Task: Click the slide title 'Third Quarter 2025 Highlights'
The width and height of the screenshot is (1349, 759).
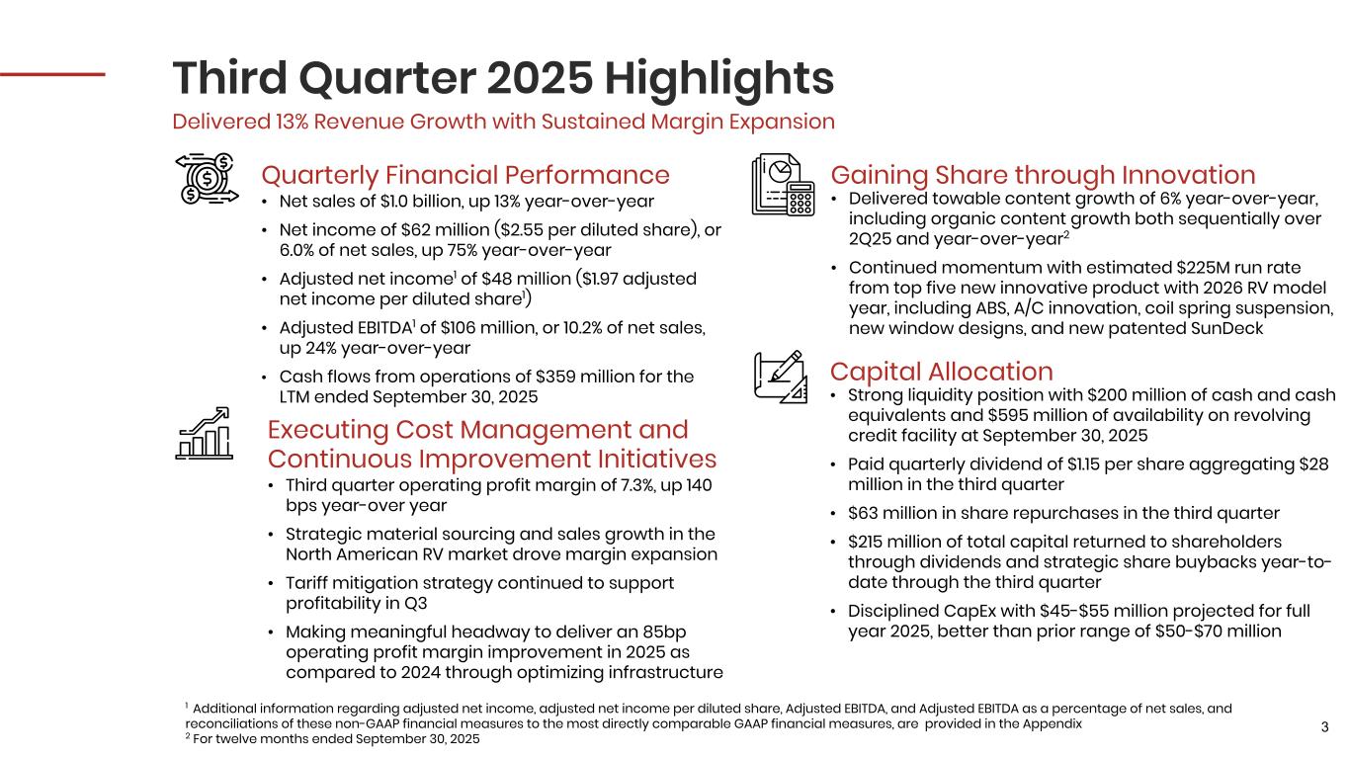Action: tap(503, 76)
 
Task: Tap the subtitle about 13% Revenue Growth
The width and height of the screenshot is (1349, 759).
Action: tap(503, 122)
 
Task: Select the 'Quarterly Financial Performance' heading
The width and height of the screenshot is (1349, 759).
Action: tap(464, 175)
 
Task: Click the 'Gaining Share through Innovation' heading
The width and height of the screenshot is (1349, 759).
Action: tap(1043, 175)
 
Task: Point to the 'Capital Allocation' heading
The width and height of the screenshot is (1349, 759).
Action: tap(941, 372)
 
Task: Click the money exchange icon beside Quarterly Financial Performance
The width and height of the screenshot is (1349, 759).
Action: tap(207, 179)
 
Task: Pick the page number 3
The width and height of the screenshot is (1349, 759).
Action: tap(1324, 728)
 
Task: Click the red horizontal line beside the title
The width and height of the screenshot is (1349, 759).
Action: tap(52, 73)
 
